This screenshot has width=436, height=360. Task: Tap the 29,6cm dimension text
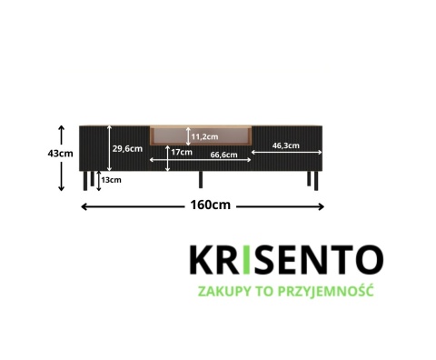(127, 148)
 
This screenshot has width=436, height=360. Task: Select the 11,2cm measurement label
(204, 136)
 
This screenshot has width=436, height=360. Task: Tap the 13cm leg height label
(112, 180)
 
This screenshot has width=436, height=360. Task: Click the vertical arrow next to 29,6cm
(108, 147)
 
